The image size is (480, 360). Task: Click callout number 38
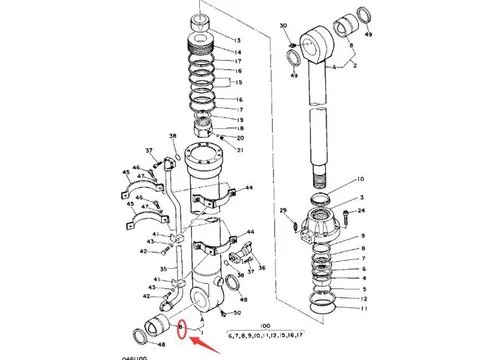(x=173, y=135)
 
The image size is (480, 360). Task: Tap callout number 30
(x=283, y=24)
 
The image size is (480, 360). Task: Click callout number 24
(x=361, y=211)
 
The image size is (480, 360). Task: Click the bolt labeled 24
(x=344, y=212)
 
